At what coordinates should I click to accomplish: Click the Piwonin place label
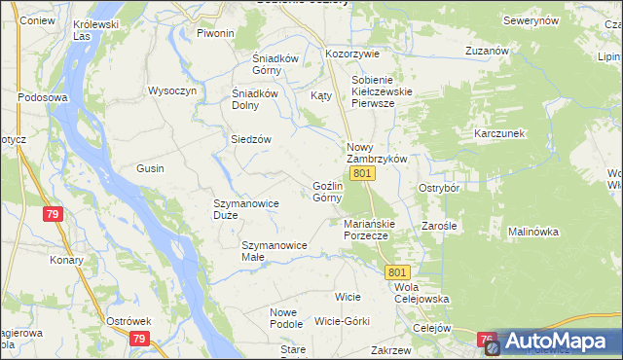(x=215, y=33)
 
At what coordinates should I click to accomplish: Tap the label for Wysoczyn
(x=172, y=90)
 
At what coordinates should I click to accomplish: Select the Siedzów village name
(x=250, y=139)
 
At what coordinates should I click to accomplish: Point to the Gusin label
(x=150, y=168)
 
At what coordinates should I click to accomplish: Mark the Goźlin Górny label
(x=327, y=192)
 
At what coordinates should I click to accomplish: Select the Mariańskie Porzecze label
(x=367, y=230)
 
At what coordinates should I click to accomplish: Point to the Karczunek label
(x=499, y=132)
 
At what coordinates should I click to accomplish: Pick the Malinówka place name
(x=532, y=232)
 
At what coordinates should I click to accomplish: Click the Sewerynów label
(x=531, y=20)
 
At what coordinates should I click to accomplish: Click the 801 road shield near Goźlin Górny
(x=362, y=173)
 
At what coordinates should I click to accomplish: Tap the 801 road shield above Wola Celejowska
(x=397, y=272)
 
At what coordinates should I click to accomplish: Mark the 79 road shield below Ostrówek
(x=139, y=339)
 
